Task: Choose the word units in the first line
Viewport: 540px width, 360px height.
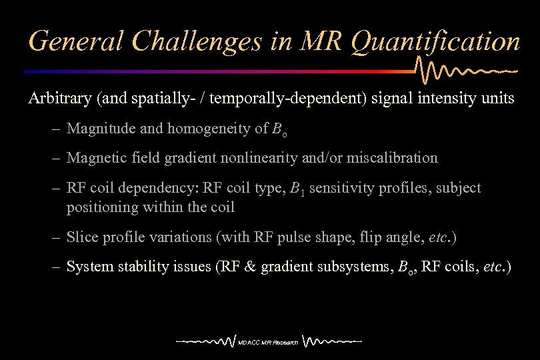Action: coord(497,99)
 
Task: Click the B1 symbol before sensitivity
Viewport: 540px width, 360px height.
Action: coord(297,189)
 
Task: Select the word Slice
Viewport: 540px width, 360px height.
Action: coord(81,237)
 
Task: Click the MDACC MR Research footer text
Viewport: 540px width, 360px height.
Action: coord(268,343)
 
